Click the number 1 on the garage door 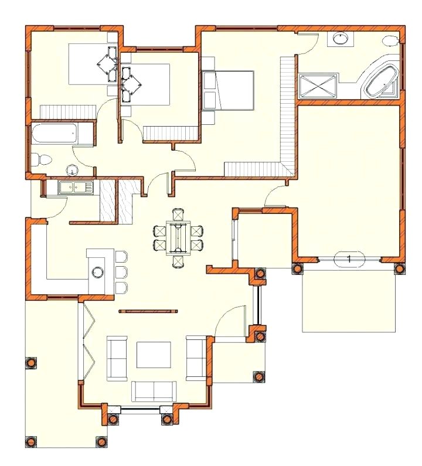(x=349, y=258)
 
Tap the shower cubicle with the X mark (x=318, y=86)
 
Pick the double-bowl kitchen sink (x=76, y=188)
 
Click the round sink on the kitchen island (x=97, y=272)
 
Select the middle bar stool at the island (x=121, y=272)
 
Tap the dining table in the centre (x=178, y=237)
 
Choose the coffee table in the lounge (x=154, y=354)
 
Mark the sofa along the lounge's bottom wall (x=154, y=390)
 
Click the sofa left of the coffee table (x=117, y=358)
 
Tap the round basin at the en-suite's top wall (x=340, y=39)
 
